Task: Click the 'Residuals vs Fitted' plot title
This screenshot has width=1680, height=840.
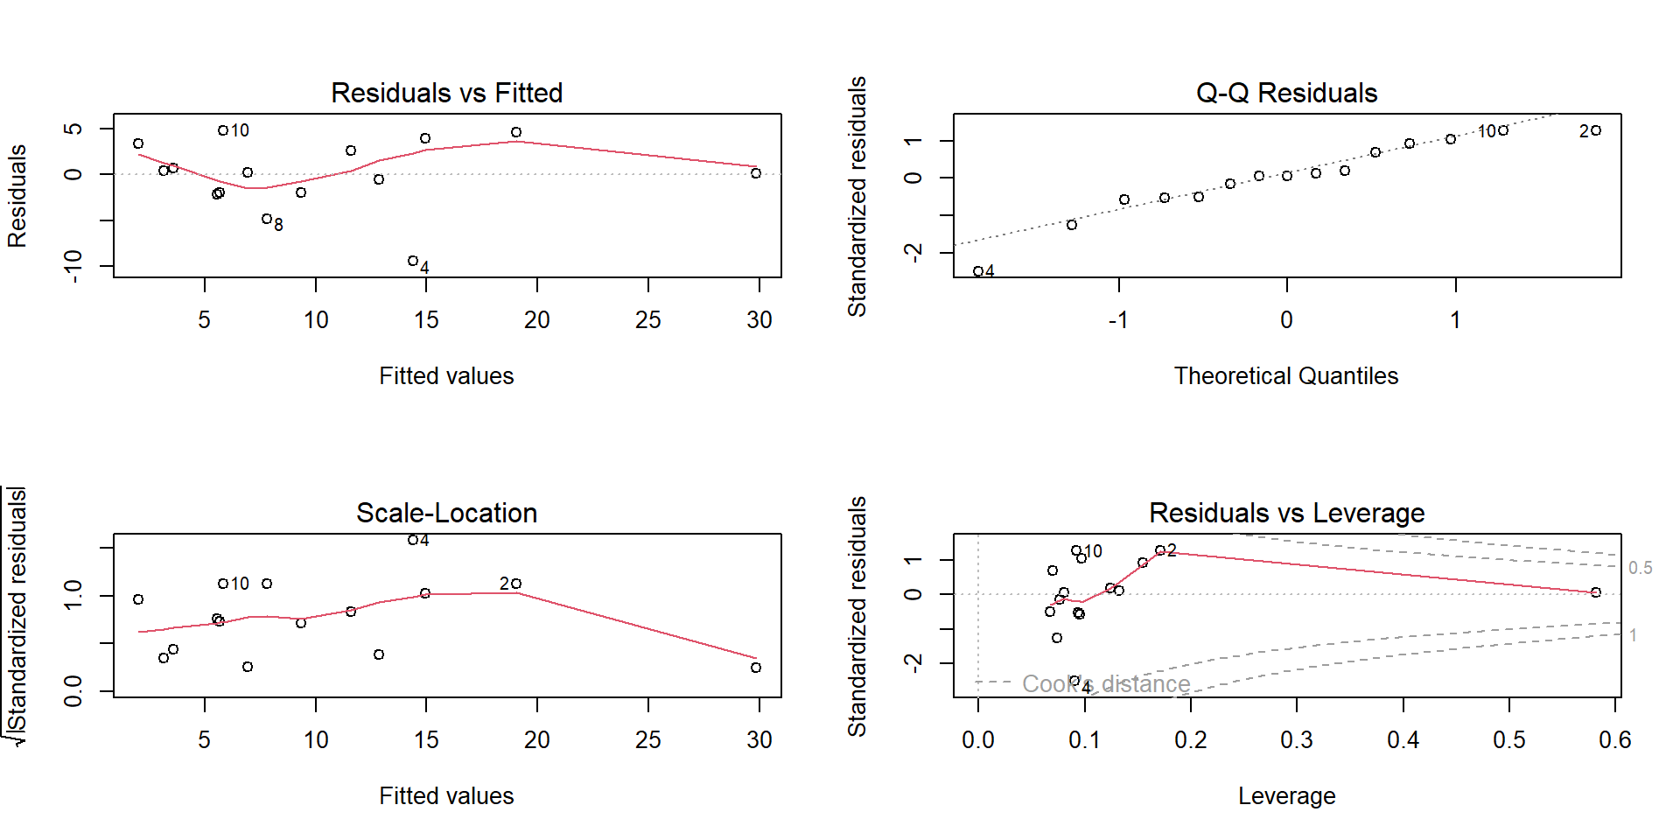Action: (x=446, y=93)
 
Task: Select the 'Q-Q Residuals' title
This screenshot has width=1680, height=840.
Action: (x=1286, y=93)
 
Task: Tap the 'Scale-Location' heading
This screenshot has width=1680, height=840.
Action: (x=446, y=513)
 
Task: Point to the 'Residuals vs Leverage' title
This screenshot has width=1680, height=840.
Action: (x=1286, y=513)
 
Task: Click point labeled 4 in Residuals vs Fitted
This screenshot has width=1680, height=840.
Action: (x=413, y=261)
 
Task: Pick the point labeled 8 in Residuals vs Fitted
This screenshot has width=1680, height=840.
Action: (x=267, y=219)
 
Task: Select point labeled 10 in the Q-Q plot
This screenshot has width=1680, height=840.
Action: (x=1503, y=130)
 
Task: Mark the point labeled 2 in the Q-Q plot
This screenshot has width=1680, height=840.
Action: (x=1596, y=130)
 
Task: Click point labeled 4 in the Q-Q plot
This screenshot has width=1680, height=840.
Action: (x=977, y=271)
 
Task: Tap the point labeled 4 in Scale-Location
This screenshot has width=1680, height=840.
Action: (x=413, y=540)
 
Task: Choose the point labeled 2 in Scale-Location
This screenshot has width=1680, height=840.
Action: (x=516, y=584)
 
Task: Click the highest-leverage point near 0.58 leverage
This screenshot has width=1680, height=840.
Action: (x=1596, y=592)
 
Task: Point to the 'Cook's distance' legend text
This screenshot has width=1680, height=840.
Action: (x=1106, y=683)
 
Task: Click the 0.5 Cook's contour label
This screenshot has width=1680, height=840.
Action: (x=1640, y=568)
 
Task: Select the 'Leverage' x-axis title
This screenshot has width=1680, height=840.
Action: (x=1286, y=796)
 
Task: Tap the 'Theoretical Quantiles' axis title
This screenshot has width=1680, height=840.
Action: (x=1286, y=376)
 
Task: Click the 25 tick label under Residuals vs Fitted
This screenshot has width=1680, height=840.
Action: (x=647, y=320)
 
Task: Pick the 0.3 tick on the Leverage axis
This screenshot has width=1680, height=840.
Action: (x=1297, y=740)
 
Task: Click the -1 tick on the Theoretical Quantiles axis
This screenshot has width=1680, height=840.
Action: (x=1117, y=320)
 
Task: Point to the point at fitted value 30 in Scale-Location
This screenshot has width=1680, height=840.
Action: (x=756, y=668)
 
